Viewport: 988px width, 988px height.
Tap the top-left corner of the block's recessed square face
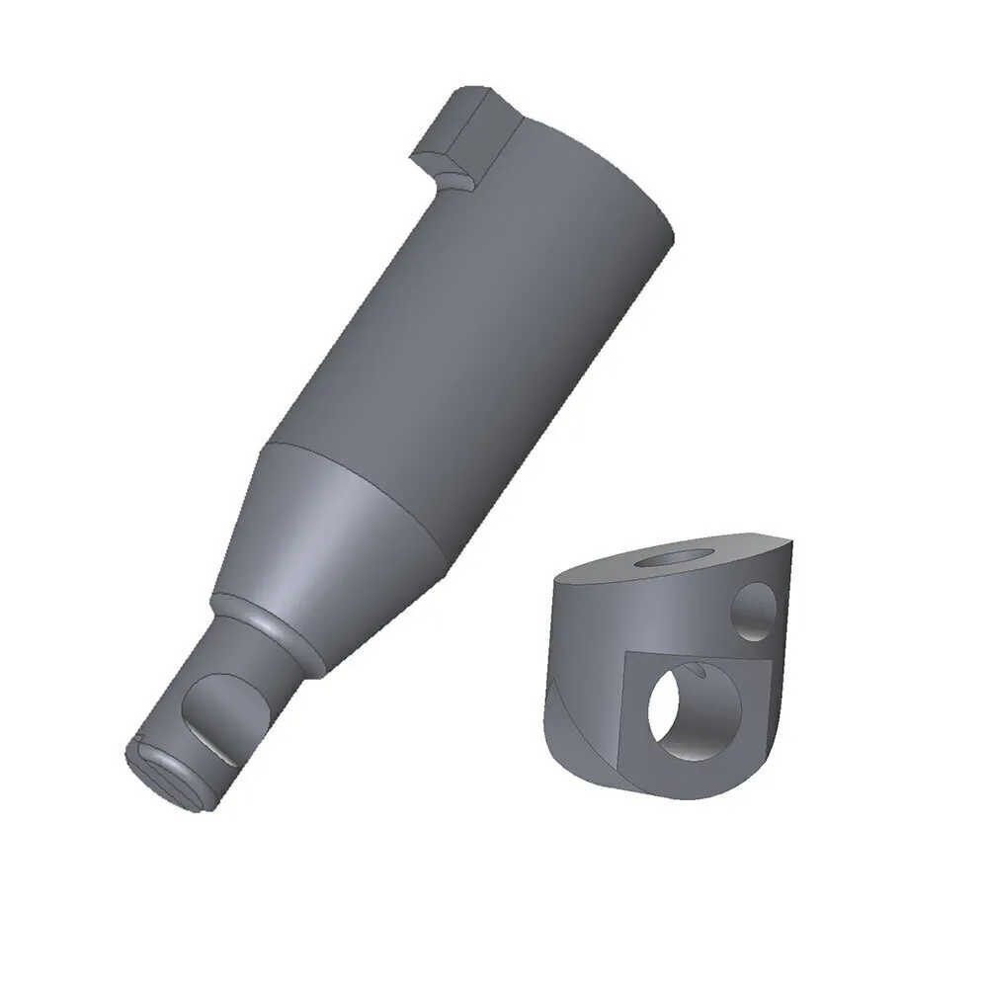pos(628,654)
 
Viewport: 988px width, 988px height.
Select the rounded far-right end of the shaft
pos(662,212)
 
